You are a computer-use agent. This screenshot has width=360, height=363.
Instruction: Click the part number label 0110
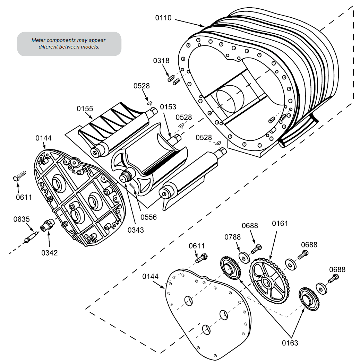[x=163, y=18]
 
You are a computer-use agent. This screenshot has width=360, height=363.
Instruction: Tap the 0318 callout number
[x=161, y=61]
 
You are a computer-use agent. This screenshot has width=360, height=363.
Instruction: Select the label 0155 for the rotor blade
[x=85, y=109]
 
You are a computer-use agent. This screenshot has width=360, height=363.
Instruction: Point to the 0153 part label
[x=168, y=107]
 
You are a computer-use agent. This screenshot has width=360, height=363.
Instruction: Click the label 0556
[x=149, y=217]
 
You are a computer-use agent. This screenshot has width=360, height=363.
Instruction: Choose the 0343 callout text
[x=136, y=230]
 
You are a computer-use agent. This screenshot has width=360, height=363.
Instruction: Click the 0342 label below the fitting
[x=49, y=253]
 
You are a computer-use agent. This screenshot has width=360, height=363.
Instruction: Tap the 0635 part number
[x=22, y=219]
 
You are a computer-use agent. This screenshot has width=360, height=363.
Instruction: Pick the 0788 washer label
[x=232, y=237]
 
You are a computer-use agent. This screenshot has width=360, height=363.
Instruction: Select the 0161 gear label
[x=280, y=223]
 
